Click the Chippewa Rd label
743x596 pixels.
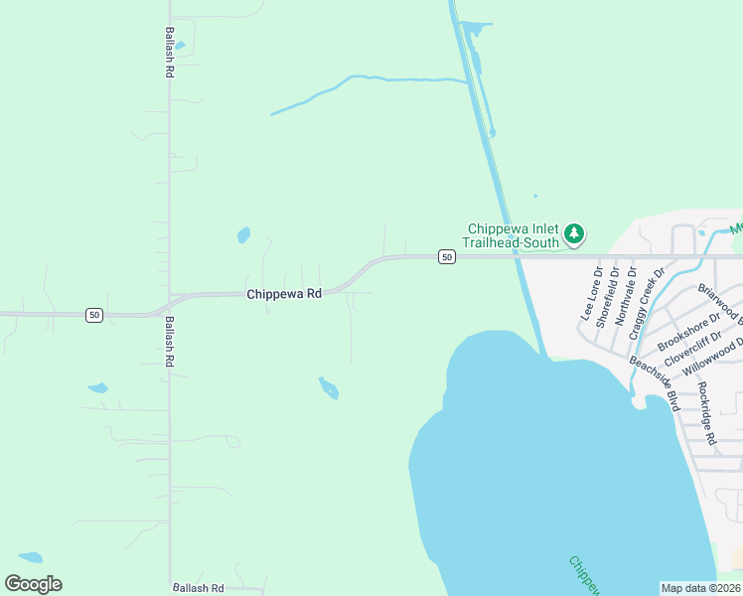pos(284,294)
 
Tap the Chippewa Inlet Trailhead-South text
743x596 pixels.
pos(513,234)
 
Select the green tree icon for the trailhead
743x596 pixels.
pos(573,234)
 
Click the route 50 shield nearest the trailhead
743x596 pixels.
pos(447,257)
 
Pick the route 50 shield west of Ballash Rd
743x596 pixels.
pos(93,315)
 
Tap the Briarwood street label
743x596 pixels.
pos(719,304)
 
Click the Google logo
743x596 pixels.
pos(34,584)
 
